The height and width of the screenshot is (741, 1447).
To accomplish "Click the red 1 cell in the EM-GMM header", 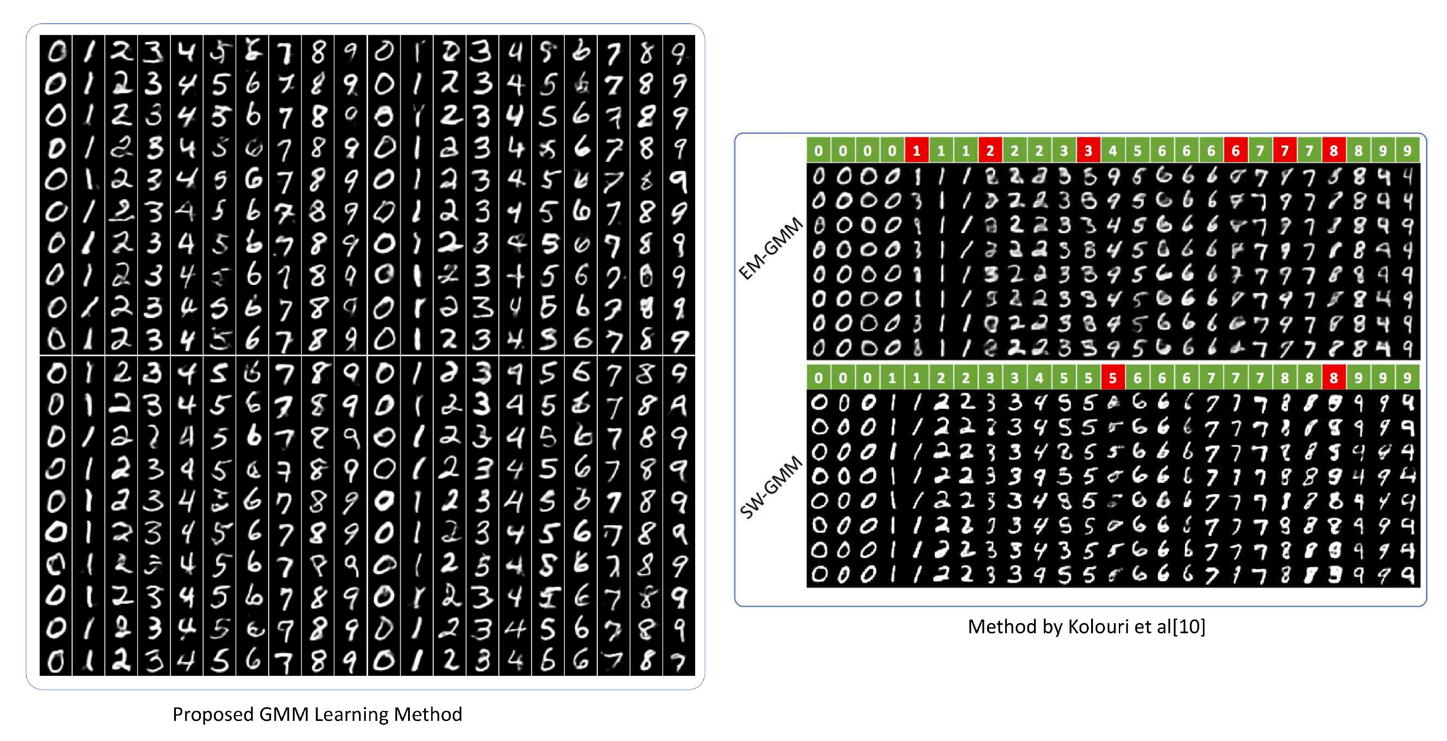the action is pyautogui.click(x=917, y=150).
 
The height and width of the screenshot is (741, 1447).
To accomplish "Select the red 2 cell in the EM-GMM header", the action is pyautogui.click(x=990, y=150).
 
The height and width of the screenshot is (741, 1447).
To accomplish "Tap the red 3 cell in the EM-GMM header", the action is pyautogui.click(x=1088, y=150).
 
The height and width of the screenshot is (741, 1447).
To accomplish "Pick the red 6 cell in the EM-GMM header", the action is pyautogui.click(x=1235, y=150).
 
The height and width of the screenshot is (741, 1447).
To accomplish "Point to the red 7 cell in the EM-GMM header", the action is pyautogui.click(x=1284, y=150).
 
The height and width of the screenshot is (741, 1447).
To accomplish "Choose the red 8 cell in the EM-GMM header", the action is pyautogui.click(x=1334, y=150).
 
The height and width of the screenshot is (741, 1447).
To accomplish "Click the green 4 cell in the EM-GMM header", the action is pyautogui.click(x=1113, y=150).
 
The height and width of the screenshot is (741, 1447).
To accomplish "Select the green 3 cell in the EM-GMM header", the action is pyautogui.click(x=1064, y=150).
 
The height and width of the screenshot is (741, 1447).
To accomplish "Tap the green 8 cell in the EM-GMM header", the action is pyautogui.click(x=1358, y=150).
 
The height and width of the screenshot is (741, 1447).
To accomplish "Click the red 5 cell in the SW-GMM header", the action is pyautogui.click(x=1113, y=377).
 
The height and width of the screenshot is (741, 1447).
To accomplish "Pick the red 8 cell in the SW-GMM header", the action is pyautogui.click(x=1334, y=377).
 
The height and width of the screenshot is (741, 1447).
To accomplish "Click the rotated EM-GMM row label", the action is pyautogui.click(x=771, y=248).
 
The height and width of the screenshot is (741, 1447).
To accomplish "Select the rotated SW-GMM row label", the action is pyautogui.click(x=771, y=487).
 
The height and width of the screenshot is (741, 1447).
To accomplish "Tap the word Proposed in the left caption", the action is pyautogui.click(x=213, y=715).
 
